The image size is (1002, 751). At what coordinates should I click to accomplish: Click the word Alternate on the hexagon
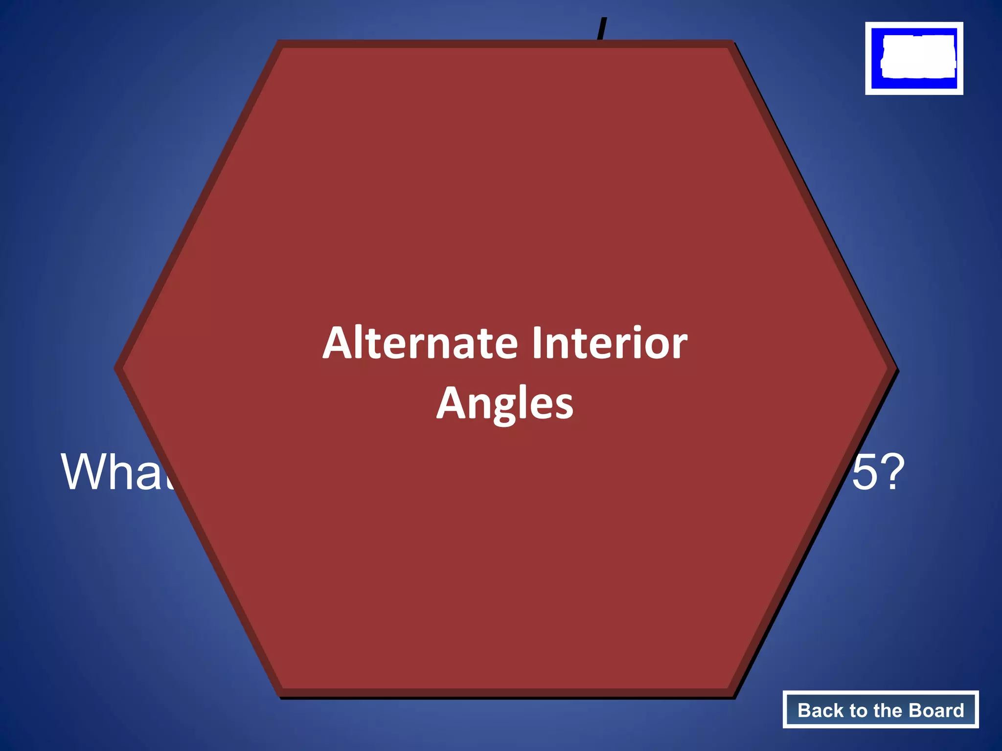tap(420, 343)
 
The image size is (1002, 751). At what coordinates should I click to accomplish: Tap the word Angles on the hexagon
tap(505, 403)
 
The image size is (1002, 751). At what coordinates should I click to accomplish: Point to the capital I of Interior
tap(537, 343)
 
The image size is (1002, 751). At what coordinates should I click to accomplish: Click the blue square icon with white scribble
tap(914, 58)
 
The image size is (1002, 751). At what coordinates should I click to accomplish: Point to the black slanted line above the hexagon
tap(602, 29)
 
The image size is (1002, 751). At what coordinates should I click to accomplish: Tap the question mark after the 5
tap(892, 472)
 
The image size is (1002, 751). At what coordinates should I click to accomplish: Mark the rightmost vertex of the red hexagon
tap(895, 369)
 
